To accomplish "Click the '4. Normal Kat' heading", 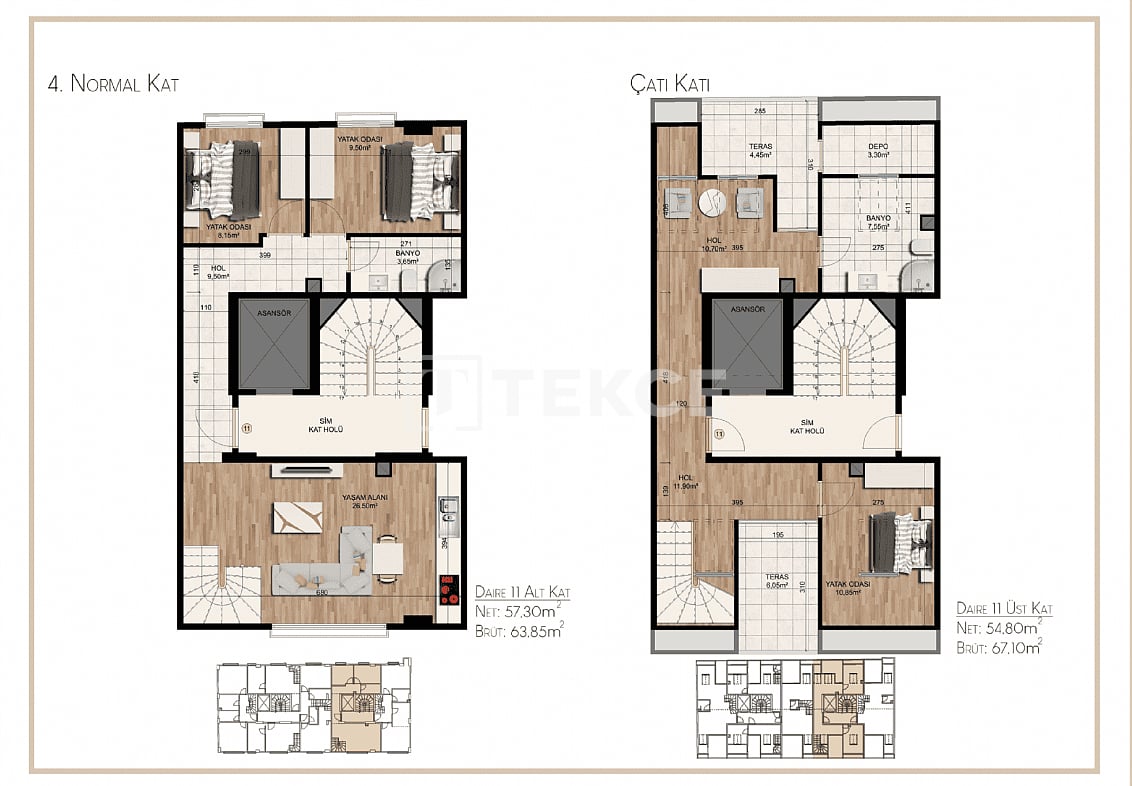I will [113, 85].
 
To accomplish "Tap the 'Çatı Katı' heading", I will [669, 85].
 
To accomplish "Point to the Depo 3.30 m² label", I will [877, 150].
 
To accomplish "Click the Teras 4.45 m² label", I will [760, 151].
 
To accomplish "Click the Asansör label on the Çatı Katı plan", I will [747, 310].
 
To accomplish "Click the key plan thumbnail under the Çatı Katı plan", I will [794, 708].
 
